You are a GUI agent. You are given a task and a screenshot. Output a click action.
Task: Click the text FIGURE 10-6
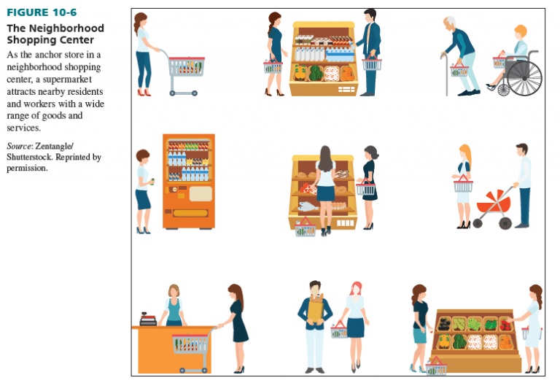click(x=42, y=12)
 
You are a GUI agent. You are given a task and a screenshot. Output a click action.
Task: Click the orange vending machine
click(x=189, y=181)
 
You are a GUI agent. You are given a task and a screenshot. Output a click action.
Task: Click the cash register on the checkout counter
click(x=148, y=319)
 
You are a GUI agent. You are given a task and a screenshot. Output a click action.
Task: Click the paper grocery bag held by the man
click(x=316, y=309)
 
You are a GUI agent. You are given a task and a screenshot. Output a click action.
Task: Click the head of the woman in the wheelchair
click(x=519, y=33)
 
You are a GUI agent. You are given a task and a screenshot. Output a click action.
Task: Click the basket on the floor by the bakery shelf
click(x=306, y=229)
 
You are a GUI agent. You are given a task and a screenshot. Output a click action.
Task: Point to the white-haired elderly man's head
click(x=452, y=24)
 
